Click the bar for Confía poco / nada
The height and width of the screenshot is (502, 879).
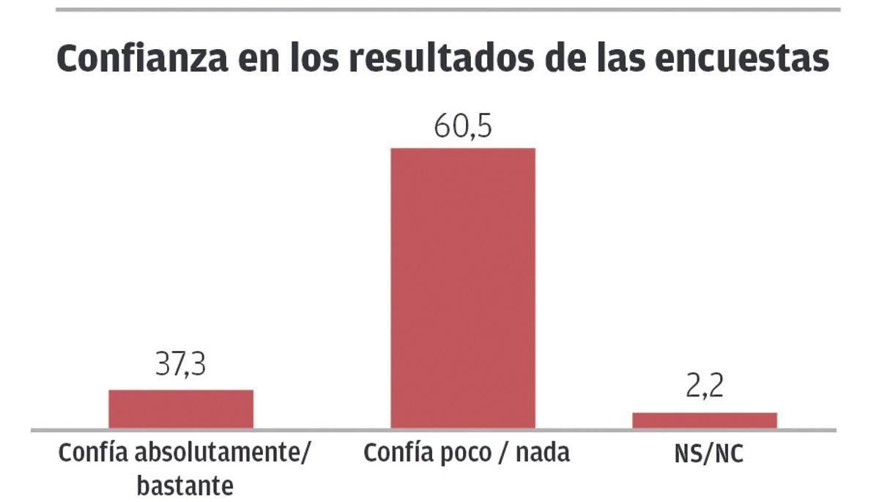tap(462, 288)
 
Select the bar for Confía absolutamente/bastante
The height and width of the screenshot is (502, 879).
tap(181, 409)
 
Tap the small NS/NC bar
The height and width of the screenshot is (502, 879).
tap(705, 420)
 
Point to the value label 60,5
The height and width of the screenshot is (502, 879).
tap(463, 127)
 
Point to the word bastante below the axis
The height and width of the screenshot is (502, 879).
tap(185, 484)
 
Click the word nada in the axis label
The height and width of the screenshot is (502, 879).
tap(542, 453)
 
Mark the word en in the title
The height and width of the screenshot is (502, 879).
tap(251, 59)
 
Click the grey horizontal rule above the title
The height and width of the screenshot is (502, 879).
tap(448, 10)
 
